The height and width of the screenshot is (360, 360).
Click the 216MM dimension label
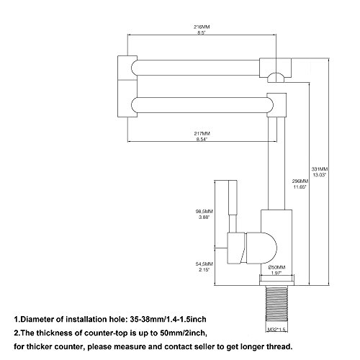click(202, 27)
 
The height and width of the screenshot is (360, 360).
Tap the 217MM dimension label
click(202, 133)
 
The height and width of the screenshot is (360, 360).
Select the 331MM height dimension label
click(320, 169)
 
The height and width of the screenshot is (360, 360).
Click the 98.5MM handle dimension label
click(204, 212)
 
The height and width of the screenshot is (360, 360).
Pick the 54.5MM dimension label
click(204, 264)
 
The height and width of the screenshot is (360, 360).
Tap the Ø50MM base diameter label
click(276, 267)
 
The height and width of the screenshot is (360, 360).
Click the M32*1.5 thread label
click(276, 330)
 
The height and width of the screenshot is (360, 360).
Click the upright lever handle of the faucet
click(233, 207)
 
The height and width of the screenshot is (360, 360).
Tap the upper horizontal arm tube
click(195, 68)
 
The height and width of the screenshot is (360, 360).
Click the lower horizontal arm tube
click(202, 105)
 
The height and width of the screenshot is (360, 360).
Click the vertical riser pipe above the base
click(276, 163)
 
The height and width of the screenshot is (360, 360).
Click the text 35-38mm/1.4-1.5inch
click(168, 320)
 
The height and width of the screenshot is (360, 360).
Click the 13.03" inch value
click(320, 175)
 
